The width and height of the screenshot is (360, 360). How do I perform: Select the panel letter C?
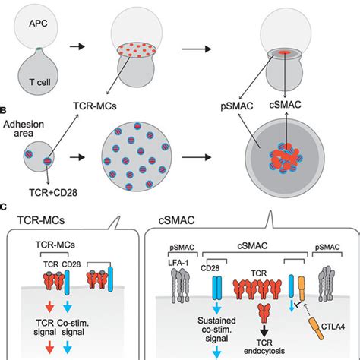coord(5,207)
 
